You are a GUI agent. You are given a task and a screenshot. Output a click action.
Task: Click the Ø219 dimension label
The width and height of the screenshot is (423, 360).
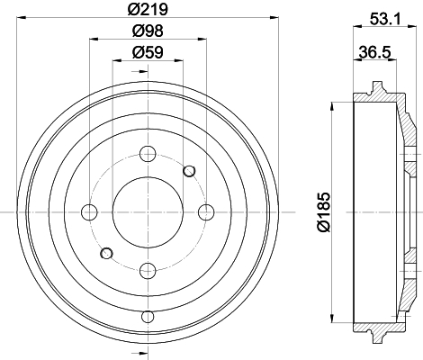148,9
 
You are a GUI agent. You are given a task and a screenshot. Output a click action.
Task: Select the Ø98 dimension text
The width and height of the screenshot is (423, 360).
148,31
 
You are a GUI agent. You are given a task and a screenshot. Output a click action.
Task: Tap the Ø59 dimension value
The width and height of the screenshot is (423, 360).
148,52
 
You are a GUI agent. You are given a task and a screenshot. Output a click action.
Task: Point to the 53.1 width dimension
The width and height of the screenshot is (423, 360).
385,19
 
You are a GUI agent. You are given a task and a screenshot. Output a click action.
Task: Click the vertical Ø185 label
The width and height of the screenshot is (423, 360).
323,212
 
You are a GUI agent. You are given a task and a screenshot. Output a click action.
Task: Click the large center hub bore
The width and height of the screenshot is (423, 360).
148,212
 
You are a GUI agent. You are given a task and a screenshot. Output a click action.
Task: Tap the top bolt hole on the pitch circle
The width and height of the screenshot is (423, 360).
148,154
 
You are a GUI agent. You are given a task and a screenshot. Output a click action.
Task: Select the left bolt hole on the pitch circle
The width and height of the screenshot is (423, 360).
89,212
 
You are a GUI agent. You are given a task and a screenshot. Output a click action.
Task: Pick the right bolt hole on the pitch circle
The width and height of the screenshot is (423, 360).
206,212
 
